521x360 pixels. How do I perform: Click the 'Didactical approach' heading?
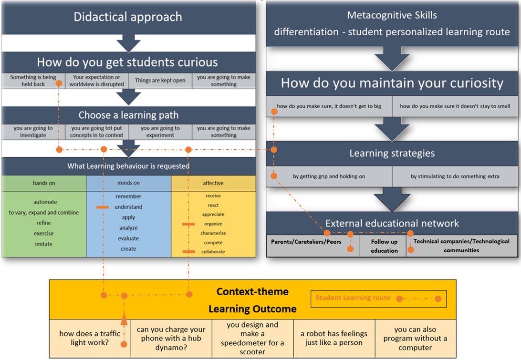pyautogui.click(x=128, y=17)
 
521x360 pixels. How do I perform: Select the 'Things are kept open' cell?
pyautogui.click(x=160, y=81)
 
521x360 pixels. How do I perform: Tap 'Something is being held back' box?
pyautogui.click(x=33, y=81)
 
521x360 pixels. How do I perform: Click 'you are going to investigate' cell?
pyautogui.click(x=33, y=132)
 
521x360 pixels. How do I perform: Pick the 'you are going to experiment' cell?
pyautogui.click(x=160, y=132)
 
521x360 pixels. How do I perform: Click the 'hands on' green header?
pyautogui.click(x=44, y=183)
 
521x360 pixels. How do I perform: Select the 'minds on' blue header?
pyautogui.click(x=129, y=183)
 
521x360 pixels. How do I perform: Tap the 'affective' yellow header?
pyautogui.click(x=213, y=183)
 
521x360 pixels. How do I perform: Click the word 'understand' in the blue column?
pyautogui.click(x=129, y=207)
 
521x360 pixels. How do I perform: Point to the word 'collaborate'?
pyautogui.click(x=213, y=252)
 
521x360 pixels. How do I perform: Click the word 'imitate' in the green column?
pyautogui.click(x=44, y=244)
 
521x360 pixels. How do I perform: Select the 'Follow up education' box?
pyautogui.click(x=384, y=246)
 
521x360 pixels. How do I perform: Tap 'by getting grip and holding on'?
pyautogui.click(x=329, y=176)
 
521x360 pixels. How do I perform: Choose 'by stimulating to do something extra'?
pyautogui.click(x=455, y=176)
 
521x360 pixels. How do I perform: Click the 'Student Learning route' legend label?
pyautogui.click(x=353, y=298)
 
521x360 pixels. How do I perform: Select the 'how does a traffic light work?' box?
pyautogui.click(x=90, y=338)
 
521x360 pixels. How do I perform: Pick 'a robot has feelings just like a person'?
pyautogui.click(x=334, y=338)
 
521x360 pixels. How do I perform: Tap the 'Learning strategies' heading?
pyautogui.click(x=392, y=153)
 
